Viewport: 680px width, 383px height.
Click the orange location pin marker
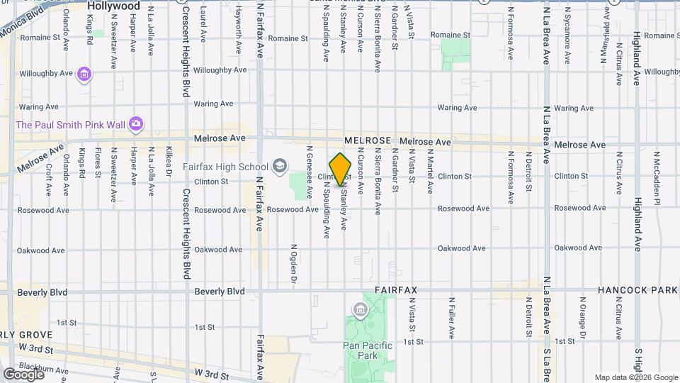(x=341, y=170)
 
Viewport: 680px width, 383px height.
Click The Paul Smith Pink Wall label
(x=71, y=125)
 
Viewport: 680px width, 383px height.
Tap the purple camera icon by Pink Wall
(x=136, y=125)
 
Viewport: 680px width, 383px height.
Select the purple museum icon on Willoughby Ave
(x=85, y=74)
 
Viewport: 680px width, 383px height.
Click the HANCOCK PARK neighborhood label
(x=637, y=291)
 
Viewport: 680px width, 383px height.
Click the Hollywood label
(x=113, y=6)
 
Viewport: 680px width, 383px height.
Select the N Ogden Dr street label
(x=293, y=266)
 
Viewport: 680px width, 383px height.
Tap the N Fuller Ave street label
(x=450, y=316)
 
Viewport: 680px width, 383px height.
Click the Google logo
(x=23, y=374)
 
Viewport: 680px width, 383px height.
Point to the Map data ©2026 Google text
(x=635, y=377)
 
